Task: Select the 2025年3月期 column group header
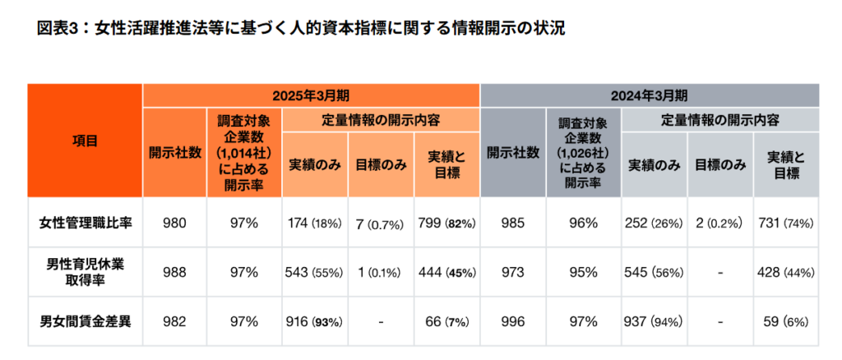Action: (x=311, y=95)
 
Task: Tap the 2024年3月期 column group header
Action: (x=650, y=95)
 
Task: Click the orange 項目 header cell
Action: (x=86, y=141)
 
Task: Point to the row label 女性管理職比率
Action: (x=86, y=223)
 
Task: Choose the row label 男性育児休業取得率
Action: (x=86, y=272)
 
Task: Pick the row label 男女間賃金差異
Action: (x=86, y=321)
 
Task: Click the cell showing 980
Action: (x=174, y=223)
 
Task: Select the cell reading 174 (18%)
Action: (x=315, y=223)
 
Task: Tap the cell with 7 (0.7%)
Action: (x=381, y=223)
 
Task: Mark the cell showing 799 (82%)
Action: (x=446, y=223)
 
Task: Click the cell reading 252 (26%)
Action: (x=655, y=223)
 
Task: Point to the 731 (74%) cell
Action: (x=787, y=223)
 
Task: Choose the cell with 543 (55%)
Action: (x=315, y=272)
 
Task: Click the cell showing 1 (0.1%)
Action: (x=381, y=272)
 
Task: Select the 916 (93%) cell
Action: (x=315, y=321)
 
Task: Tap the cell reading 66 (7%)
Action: (x=446, y=321)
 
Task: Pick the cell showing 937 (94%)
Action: (x=655, y=321)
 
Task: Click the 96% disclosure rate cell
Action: (x=583, y=223)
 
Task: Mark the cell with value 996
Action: (x=513, y=321)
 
